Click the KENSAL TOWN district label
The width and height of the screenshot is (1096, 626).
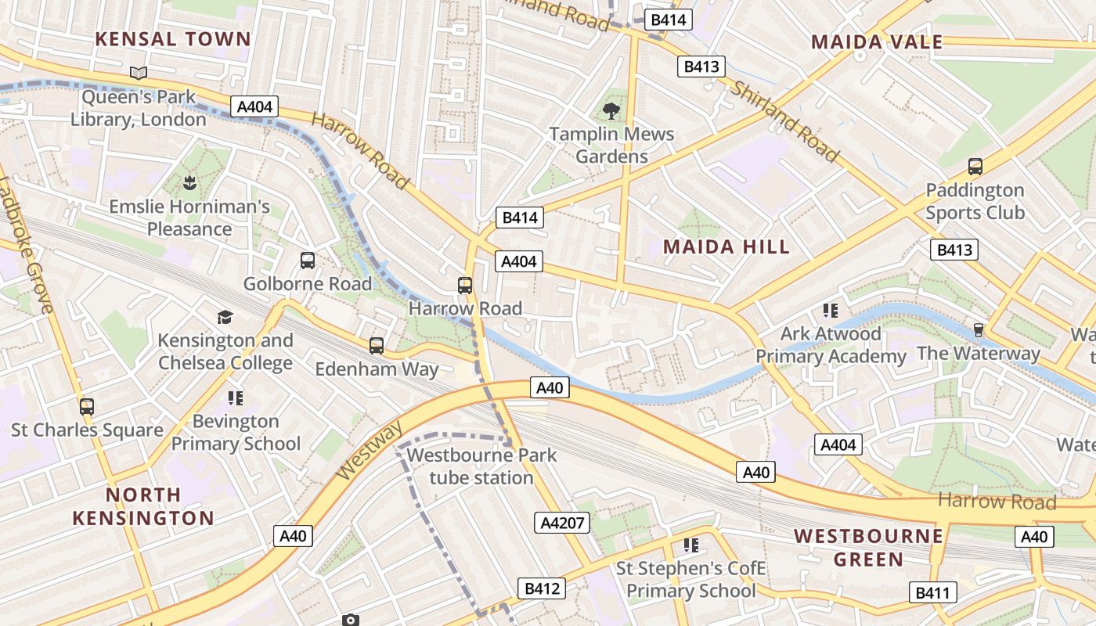pos(173,39)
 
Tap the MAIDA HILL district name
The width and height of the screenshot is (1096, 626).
pos(726,247)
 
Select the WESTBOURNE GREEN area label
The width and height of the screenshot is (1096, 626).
pos(868,548)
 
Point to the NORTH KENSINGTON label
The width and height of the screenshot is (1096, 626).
pos(142,506)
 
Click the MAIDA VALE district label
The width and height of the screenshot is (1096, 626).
pos(877,42)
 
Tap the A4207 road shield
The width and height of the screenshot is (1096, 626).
pos(563,523)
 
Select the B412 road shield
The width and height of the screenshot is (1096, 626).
pos(541,588)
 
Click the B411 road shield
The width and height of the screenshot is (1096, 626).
pos(932,592)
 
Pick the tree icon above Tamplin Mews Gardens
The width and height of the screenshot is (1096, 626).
pos(611,111)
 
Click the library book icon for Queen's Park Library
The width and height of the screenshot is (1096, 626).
pos(139,74)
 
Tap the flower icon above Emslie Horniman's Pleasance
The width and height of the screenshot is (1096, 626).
pos(189,184)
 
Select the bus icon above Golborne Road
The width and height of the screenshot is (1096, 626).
pos(308,261)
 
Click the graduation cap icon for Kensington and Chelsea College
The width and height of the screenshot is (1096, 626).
pos(225,317)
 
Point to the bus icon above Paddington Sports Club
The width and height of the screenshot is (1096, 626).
pos(975,167)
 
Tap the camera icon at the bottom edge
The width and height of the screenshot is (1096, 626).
pos(351,620)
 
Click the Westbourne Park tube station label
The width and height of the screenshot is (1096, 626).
pos(481,466)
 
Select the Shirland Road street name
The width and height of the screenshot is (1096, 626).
pos(784,121)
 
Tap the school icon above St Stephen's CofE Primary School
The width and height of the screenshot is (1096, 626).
pos(690,545)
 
